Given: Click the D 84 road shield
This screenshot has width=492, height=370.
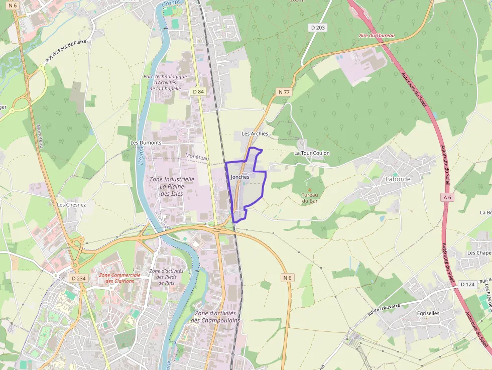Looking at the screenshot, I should (x=198, y=91).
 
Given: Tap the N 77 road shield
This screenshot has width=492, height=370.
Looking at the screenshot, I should (x=284, y=92).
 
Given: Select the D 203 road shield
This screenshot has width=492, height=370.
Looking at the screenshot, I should (x=318, y=28).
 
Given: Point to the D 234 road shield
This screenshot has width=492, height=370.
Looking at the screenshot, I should (x=79, y=278).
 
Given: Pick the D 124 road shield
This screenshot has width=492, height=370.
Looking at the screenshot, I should (x=468, y=284).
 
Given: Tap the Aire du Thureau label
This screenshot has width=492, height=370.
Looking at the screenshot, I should (x=377, y=36).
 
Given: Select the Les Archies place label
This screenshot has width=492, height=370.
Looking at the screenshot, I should (x=255, y=134).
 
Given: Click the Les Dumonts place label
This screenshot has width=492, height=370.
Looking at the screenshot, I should (x=146, y=143).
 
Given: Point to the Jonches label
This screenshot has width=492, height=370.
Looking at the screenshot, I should (x=240, y=177).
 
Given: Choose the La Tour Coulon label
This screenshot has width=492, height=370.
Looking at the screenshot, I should (x=312, y=153).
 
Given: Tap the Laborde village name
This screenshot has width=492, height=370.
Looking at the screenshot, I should (x=398, y=179).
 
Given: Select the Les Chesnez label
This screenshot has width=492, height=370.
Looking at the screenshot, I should (x=71, y=204).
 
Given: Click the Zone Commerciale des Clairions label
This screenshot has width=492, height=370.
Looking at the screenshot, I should (x=116, y=278).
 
